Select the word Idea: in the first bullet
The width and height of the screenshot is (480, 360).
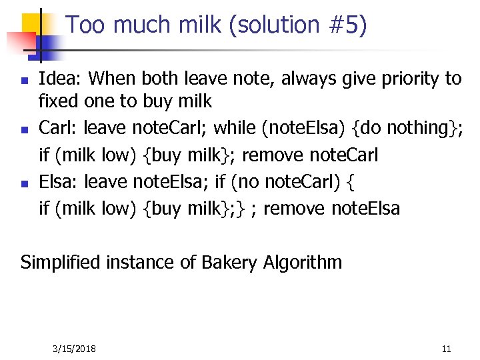[61, 79]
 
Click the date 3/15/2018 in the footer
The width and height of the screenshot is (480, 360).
[74, 349]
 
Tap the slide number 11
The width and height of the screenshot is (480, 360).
[446, 349]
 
